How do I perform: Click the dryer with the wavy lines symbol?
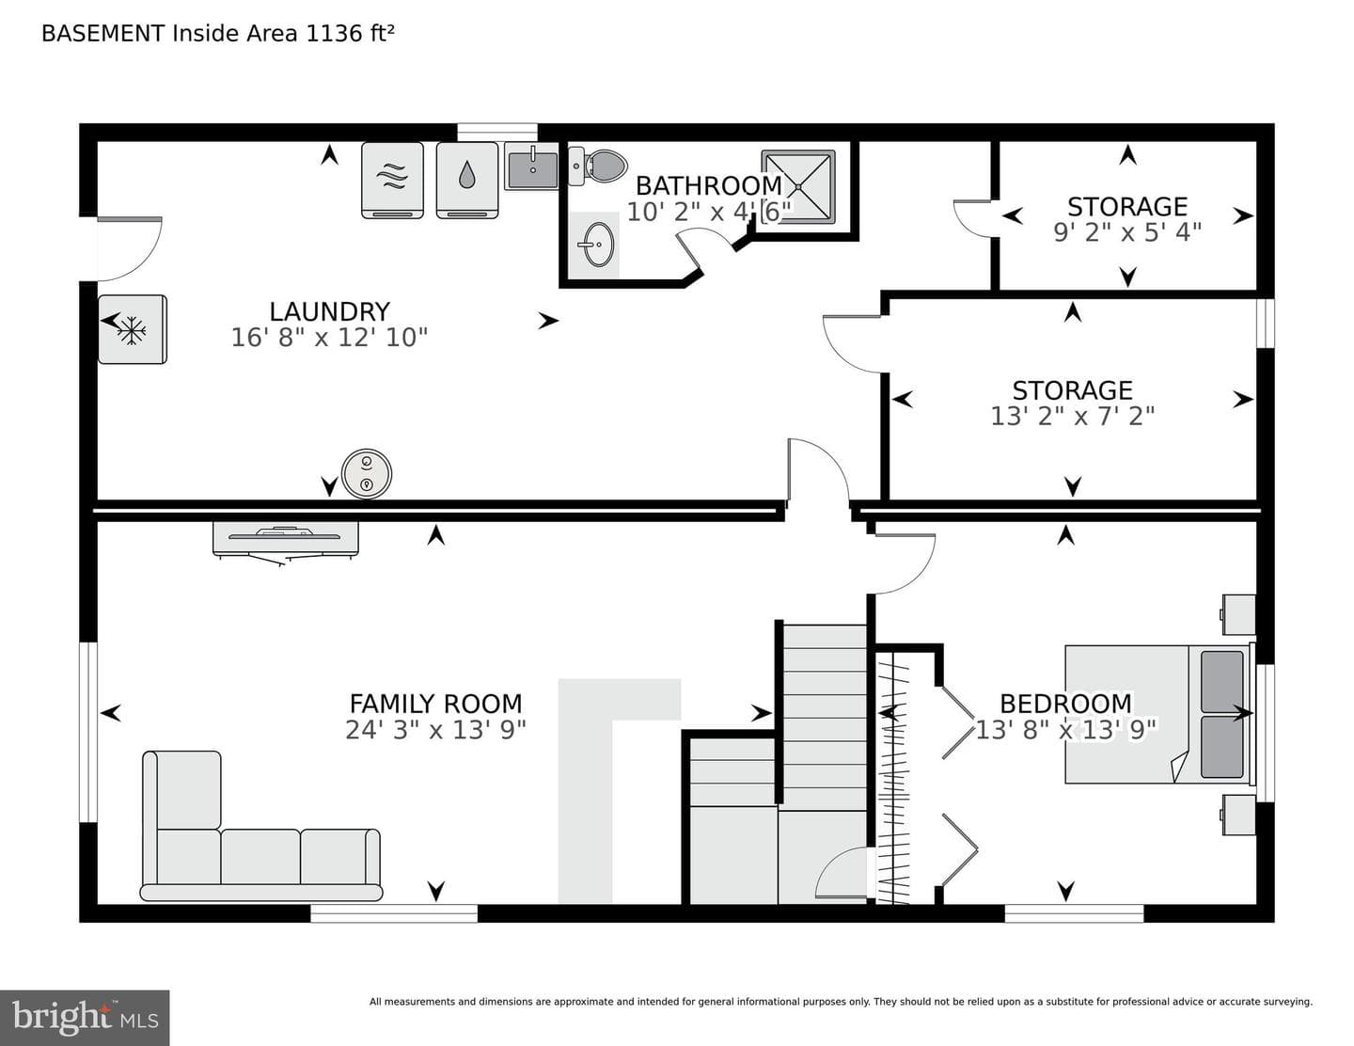[x=392, y=181]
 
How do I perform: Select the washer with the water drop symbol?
[x=467, y=181]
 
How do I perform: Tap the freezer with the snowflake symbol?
[x=132, y=329]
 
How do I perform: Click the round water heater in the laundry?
[x=367, y=474]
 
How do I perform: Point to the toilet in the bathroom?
[x=597, y=166]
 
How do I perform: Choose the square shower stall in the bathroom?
[x=798, y=186]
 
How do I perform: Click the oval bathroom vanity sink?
[x=599, y=245]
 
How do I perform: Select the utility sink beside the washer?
[x=532, y=166]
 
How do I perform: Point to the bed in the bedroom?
[x=1157, y=714]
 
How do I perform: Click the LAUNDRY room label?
[x=330, y=311]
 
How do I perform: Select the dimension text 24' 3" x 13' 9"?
[x=435, y=729]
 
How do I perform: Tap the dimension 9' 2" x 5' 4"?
[x=1127, y=232]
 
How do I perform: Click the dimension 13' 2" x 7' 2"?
[x=1072, y=416]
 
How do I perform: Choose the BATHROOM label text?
[x=708, y=185]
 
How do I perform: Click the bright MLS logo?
[x=85, y=1018]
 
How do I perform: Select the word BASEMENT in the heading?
[x=102, y=33]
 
